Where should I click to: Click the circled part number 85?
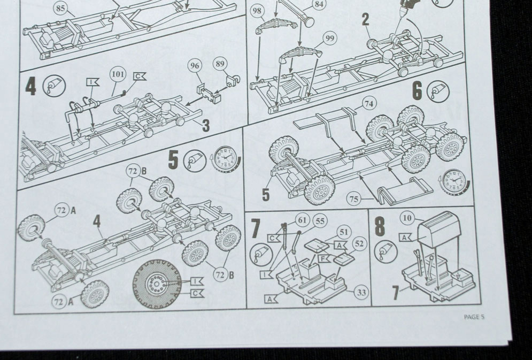pos(60,8)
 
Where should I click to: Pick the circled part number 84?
pos(319,5)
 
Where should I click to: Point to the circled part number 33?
pos(361,292)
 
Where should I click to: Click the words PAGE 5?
pos(474,317)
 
